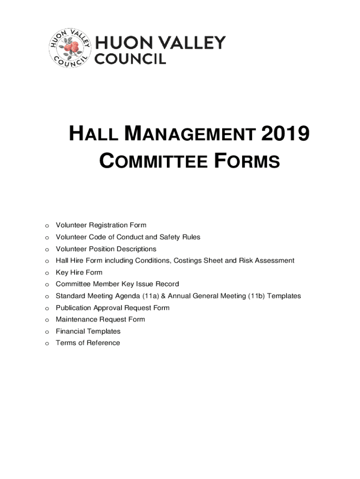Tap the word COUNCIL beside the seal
(x=130, y=59)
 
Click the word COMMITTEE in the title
(x=154, y=162)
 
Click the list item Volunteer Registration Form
(x=101, y=225)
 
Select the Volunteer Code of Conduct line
(x=128, y=237)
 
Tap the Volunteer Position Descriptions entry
(x=106, y=249)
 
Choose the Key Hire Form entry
(x=79, y=272)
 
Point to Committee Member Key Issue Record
(x=117, y=284)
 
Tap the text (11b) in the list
(x=257, y=296)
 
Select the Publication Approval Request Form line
(x=112, y=308)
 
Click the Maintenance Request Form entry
(x=100, y=319)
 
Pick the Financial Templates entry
(x=88, y=331)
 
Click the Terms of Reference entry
(x=87, y=343)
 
